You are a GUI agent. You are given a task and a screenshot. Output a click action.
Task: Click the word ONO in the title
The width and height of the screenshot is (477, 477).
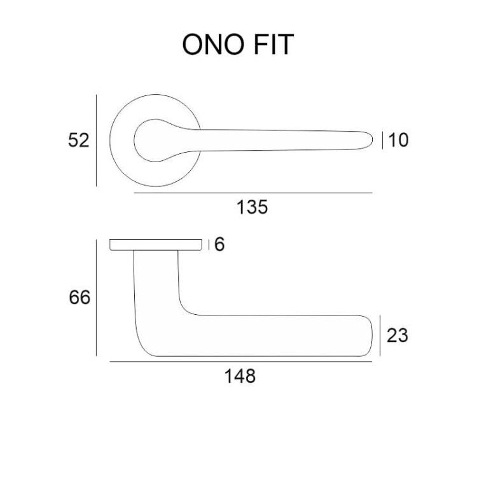(213, 45)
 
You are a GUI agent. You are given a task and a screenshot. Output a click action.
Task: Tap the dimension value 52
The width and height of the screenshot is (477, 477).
(78, 141)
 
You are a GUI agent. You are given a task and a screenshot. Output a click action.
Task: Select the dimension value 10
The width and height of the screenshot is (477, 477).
(398, 141)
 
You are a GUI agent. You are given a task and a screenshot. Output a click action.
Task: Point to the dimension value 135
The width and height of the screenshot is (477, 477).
(252, 207)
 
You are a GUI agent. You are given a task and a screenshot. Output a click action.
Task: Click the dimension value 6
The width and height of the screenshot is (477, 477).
(219, 244)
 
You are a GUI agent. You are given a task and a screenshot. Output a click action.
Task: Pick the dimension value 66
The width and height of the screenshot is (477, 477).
(79, 297)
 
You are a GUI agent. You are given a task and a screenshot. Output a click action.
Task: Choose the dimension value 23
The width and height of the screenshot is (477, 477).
(397, 336)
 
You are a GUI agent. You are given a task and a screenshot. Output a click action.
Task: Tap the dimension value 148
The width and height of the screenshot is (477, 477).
(240, 376)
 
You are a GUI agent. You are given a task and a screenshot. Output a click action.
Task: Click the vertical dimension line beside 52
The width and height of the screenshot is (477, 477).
(96, 141)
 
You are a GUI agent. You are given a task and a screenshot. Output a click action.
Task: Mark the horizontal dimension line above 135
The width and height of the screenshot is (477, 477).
(253, 193)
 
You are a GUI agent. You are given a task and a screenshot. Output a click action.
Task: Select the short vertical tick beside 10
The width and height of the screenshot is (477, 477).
(382, 141)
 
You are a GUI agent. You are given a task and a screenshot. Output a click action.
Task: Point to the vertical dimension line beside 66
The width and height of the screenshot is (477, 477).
(96, 298)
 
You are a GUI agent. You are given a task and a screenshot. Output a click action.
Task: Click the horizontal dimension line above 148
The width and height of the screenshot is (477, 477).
(240, 362)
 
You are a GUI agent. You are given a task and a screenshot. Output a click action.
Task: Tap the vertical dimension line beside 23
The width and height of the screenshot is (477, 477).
(380, 336)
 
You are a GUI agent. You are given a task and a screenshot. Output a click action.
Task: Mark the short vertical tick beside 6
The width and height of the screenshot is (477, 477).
(209, 245)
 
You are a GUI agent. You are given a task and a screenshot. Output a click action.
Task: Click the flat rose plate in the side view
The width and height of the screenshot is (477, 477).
(156, 245)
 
